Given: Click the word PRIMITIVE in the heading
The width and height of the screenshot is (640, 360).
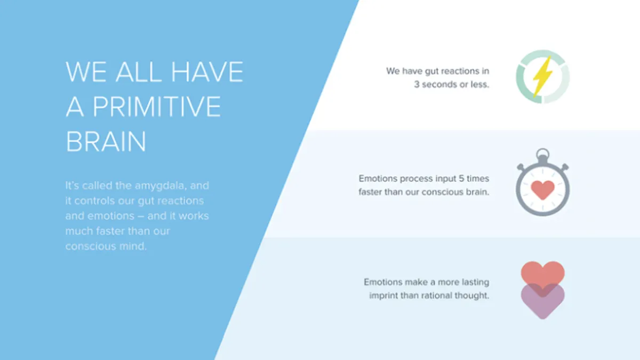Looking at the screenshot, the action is click(157, 107).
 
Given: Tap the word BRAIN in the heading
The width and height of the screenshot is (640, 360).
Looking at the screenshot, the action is click(106, 142).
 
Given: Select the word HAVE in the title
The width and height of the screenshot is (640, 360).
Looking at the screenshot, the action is click(207, 71).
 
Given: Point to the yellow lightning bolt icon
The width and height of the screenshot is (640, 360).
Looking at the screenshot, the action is click(542, 76).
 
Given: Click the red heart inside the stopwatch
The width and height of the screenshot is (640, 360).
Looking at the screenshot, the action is click(542, 190).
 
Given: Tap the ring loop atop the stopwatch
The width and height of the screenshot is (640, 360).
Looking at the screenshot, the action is click(542, 154).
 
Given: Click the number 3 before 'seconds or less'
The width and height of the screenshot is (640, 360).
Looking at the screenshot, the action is click(417, 85).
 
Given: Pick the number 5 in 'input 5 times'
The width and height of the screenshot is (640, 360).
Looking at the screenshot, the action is click(461, 179).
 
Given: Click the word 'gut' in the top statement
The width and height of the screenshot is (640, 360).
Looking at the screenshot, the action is click(431, 71).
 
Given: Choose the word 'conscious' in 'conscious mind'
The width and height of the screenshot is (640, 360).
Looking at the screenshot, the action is click(91, 246).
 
